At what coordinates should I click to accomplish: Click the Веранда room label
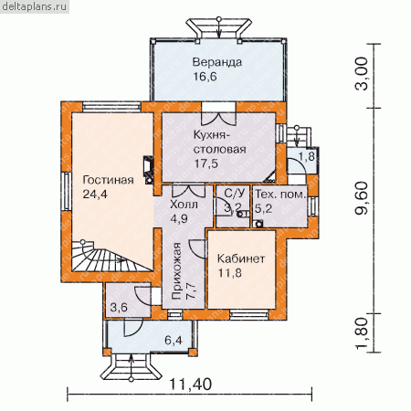click(217, 62)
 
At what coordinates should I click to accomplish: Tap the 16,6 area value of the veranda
click(205, 77)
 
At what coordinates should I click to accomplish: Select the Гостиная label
click(108, 180)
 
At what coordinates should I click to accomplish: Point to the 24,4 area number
click(95, 194)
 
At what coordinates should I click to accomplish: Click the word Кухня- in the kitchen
click(211, 135)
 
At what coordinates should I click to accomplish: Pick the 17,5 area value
click(206, 163)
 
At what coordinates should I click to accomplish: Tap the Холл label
click(184, 205)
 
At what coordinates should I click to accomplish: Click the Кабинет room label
click(241, 258)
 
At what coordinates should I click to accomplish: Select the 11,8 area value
click(230, 273)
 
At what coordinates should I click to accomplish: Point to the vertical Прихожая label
click(176, 271)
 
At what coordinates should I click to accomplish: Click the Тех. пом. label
click(280, 195)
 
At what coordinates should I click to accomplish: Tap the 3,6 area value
click(119, 307)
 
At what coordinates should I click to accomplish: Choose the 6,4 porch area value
click(174, 340)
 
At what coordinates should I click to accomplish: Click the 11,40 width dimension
click(190, 385)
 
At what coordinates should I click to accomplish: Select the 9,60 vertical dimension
click(362, 198)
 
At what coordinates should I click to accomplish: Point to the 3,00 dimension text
click(362, 74)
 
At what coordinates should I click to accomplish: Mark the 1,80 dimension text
click(362, 333)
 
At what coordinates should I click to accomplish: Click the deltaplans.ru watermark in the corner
click(35, 6)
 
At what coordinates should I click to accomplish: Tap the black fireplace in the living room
click(149, 171)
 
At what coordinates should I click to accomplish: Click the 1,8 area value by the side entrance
click(306, 156)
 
